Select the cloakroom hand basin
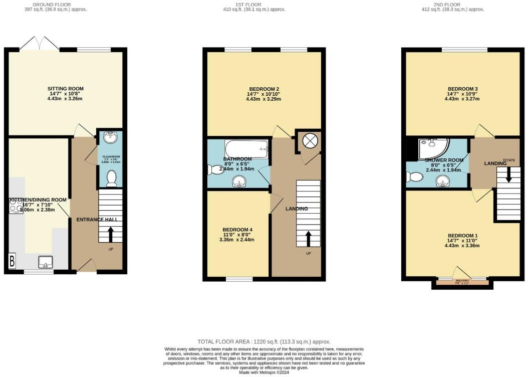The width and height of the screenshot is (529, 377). pos(110,137)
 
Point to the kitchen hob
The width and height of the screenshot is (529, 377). pos(16,206)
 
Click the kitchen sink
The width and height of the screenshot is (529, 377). pos(46,261)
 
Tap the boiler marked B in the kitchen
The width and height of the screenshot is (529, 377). pos(12,261)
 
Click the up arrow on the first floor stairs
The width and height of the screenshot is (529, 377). pos(308,239)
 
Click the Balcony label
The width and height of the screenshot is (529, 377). pos(462,281)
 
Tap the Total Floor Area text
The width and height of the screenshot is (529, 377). pos(264,342)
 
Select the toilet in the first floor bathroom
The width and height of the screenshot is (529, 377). pos(212,170)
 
